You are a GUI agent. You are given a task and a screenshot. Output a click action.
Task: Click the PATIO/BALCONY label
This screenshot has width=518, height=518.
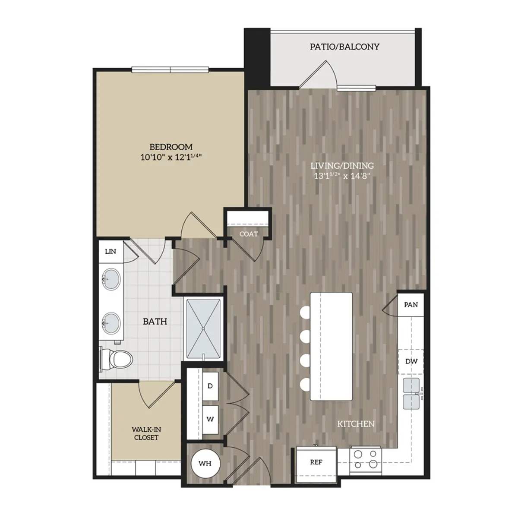pyautogui.click(x=344, y=47)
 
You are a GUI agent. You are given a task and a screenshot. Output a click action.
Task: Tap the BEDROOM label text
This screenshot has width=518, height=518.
pyautogui.click(x=171, y=147)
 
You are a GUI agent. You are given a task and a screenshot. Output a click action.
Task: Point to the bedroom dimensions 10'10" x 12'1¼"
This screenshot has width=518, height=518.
pyautogui.click(x=171, y=158)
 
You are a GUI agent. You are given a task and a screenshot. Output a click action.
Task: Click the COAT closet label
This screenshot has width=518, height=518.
pyautogui.click(x=249, y=234)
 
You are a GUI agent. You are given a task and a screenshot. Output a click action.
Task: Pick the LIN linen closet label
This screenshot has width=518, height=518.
pyautogui.click(x=111, y=251)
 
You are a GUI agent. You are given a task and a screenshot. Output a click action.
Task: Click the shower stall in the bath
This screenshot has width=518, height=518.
pyautogui.click(x=204, y=328)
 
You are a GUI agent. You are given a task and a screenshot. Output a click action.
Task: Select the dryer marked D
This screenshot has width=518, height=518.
pyautogui.click(x=210, y=386)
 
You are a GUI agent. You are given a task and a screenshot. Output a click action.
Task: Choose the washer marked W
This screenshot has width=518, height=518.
pyautogui.click(x=210, y=419)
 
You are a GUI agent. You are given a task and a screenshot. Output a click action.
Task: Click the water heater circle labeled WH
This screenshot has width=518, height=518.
pyautogui.click(x=205, y=463)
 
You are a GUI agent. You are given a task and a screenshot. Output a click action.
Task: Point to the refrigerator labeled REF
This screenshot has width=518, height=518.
pyautogui.click(x=316, y=462)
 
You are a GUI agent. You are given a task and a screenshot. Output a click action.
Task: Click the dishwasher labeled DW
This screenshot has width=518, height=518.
pyautogui.click(x=411, y=361)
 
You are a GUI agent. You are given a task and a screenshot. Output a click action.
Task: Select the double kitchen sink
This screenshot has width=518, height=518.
pyautogui.click(x=411, y=393)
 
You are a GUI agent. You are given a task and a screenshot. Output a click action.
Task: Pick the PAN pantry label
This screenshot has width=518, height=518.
pyautogui.click(x=411, y=305)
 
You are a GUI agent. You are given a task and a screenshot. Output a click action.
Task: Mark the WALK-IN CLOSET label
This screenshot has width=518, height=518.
pyautogui.click(x=146, y=433)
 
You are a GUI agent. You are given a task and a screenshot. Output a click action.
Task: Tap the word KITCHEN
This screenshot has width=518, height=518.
pyautogui.click(x=356, y=424)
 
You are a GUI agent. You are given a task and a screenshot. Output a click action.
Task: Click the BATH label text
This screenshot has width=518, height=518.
pyautogui.click(x=155, y=322)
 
